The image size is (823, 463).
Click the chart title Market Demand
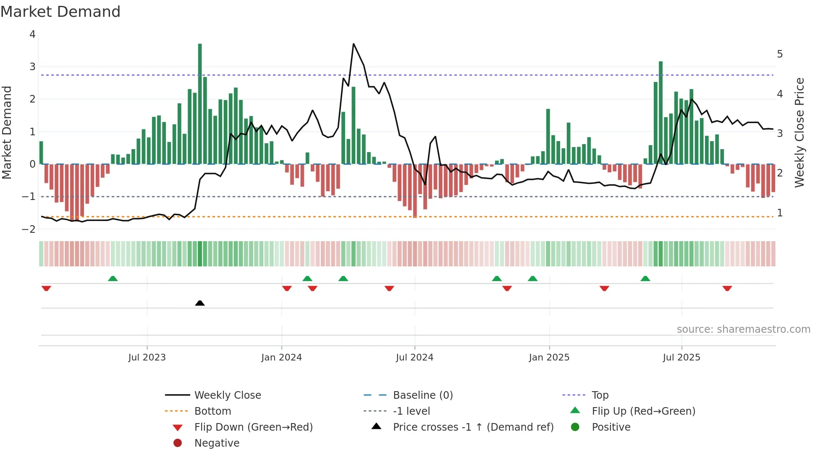pos(60,12)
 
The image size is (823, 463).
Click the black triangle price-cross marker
pos(200,303)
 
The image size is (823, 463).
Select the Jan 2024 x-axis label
pos(281,358)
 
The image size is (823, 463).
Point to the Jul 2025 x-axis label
pos(681,358)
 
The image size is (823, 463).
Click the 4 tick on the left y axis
pos(32,34)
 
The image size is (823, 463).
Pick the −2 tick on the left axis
pos(29,229)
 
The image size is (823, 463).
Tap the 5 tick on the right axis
pos(780,54)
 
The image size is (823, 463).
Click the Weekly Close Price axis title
pos(799,132)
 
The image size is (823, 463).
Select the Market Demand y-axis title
pos(7,132)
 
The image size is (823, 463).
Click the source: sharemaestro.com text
pos(743,329)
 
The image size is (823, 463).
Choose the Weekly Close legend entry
pos(227,395)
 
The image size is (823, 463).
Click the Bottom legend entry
pos(212,411)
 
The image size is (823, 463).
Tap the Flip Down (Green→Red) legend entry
pos(253,427)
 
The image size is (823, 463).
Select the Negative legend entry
pos(217,443)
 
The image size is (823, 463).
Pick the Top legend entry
pos(600,395)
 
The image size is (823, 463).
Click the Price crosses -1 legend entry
pos(473,427)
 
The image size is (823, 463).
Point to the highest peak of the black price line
pos(354,44)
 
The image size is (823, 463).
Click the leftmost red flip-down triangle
pos(46,288)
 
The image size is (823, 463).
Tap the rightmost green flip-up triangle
pos(645,279)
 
